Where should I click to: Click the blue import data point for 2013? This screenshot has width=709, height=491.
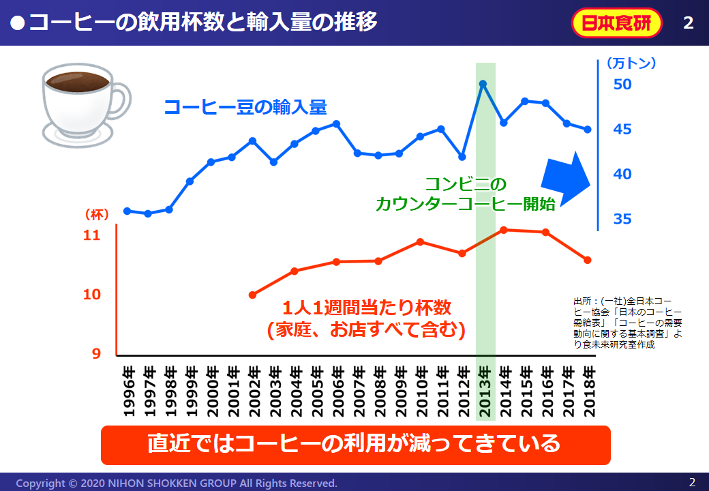click(483, 84)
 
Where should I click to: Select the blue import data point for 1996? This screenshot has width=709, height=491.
click(127, 211)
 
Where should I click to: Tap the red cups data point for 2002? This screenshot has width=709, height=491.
click(252, 295)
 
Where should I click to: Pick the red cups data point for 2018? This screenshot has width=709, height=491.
click(587, 260)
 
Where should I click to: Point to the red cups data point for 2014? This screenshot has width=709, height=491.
click(503, 230)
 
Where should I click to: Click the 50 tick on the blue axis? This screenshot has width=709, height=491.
click(623, 85)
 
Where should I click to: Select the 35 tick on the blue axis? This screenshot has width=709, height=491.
click(623, 219)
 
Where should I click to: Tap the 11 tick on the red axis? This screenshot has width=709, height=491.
click(91, 236)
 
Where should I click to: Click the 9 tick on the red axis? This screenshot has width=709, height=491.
click(96, 354)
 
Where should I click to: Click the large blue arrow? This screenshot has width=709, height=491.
click(567, 179)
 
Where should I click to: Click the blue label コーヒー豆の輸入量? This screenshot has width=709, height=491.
click(245, 107)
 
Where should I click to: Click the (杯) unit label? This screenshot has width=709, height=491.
click(97, 214)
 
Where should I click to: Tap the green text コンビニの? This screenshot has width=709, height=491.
click(466, 184)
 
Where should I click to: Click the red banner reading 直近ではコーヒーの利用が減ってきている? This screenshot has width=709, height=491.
click(354, 444)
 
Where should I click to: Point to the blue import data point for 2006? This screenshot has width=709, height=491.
click(336, 123)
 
